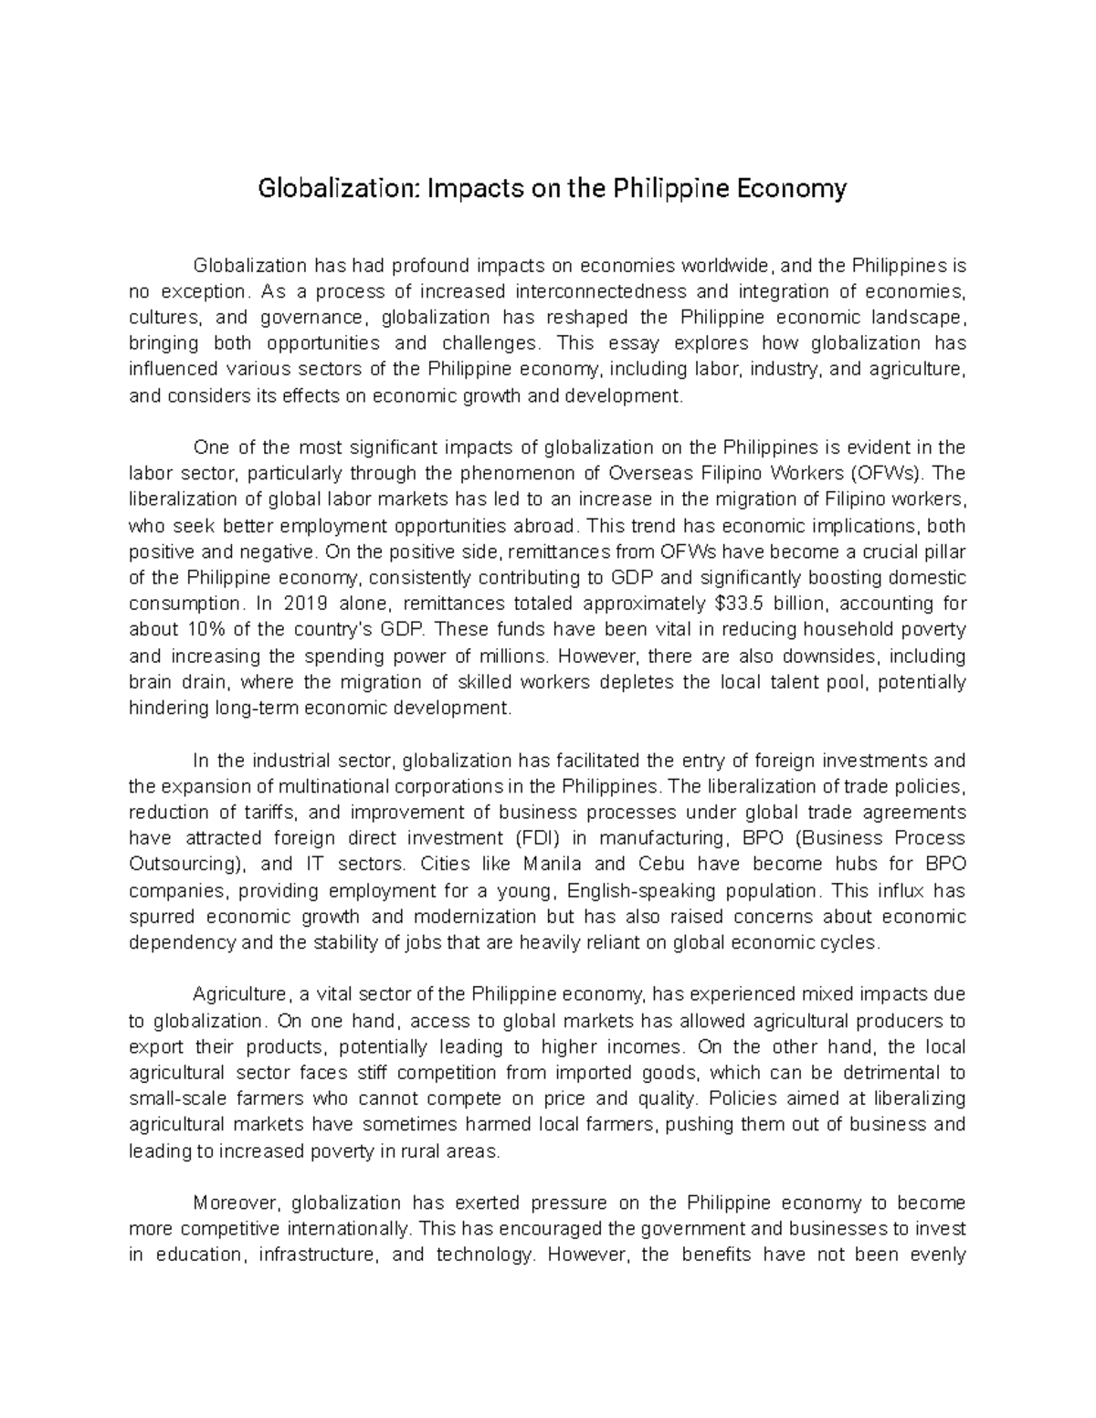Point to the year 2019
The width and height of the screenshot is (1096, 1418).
coord(305,604)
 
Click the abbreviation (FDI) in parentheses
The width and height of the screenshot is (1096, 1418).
coord(539,838)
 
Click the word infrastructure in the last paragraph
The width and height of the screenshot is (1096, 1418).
coord(317,1255)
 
